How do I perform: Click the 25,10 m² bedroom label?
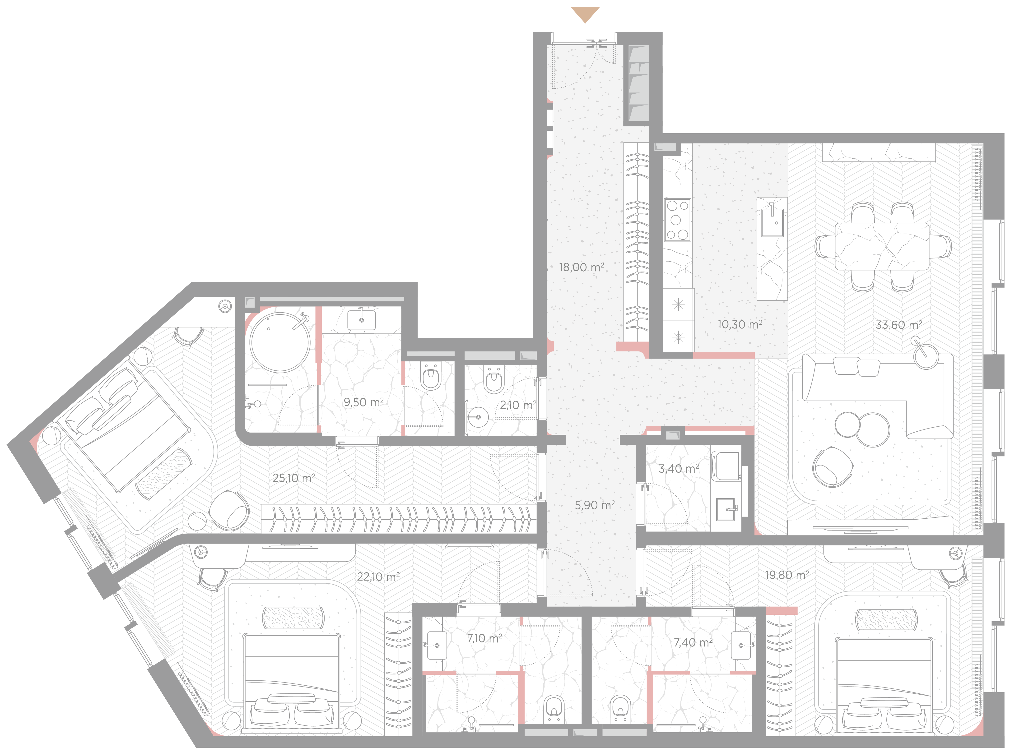pyautogui.click(x=294, y=478)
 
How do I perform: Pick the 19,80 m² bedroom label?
pyautogui.click(x=787, y=575)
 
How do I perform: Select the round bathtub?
pyautogui.click(x=279, y=342)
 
